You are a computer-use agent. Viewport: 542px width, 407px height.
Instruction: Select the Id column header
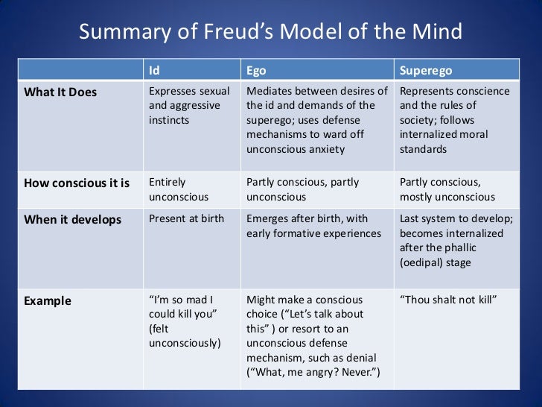click(x=154, y=71)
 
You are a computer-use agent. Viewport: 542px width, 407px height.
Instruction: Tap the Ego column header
click(x=256, y=71)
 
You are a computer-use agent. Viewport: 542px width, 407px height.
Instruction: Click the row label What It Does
click(x=60, y=92)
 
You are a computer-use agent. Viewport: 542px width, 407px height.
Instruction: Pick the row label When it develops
click(x=73, y=220)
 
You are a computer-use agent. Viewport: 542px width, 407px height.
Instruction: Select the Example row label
click(x=48, y=301)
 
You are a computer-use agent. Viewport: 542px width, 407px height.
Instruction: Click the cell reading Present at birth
click(x=186, y=219)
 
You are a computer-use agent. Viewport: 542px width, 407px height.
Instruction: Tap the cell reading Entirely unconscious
click(x=179, y=190)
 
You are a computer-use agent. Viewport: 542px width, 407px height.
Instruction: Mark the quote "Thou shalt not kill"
click(x=448, y=300)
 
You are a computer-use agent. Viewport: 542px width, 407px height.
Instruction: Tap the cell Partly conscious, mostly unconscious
click(x=447, y=190)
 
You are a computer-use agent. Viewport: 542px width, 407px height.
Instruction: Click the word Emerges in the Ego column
click(x=268, y=219)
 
